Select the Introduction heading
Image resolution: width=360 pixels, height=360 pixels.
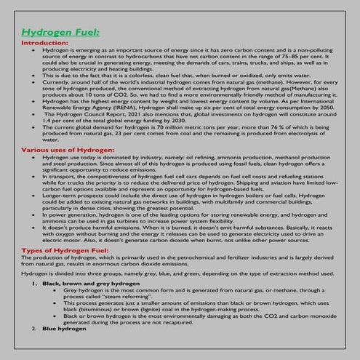46,43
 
